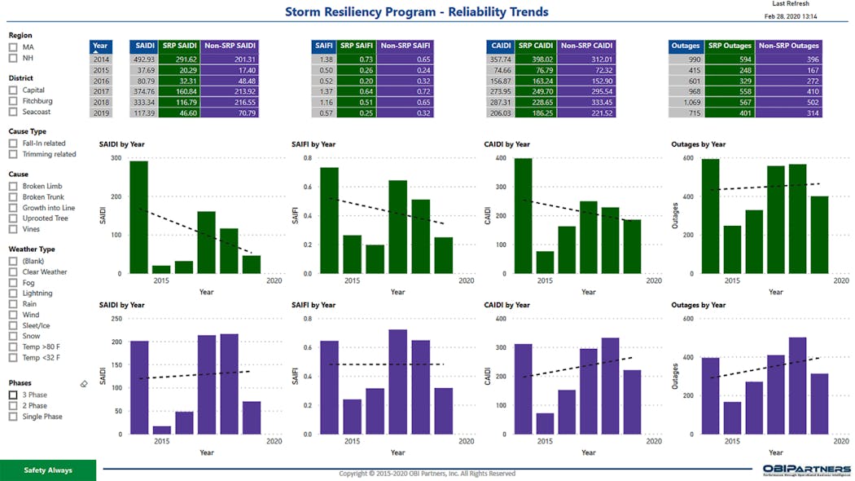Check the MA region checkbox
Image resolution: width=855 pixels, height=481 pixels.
point(13,47)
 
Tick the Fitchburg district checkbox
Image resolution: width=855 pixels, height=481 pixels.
point(13,101)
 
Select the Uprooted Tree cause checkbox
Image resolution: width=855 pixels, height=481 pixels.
point(13,218)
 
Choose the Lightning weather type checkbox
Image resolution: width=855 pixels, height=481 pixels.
point(13,293)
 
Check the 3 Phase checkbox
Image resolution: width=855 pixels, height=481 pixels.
point(13,395)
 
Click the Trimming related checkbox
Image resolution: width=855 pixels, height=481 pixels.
point(13,154)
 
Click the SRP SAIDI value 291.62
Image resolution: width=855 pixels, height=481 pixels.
point(180,60)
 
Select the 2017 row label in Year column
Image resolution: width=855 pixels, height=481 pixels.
point(100,91)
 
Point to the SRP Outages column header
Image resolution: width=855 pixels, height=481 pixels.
point(730,46)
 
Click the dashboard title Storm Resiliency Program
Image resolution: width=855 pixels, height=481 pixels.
point(416,12)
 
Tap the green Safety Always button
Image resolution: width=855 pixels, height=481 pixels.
point(48,470)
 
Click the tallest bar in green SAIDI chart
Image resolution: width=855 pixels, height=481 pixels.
point(139,217)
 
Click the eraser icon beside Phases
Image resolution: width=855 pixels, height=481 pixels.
point(84,384)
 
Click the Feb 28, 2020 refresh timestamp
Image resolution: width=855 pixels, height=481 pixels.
point(791,16)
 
